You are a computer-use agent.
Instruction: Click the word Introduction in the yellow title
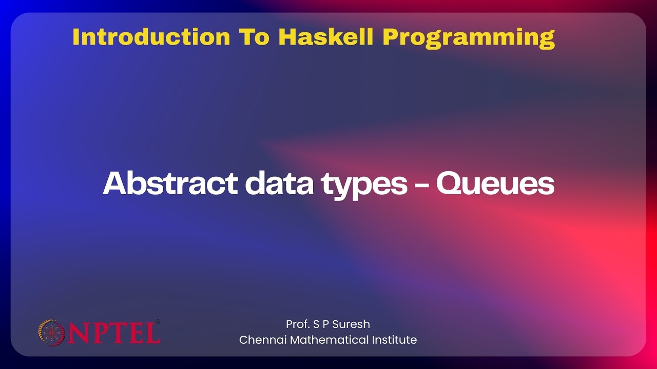(151, 37)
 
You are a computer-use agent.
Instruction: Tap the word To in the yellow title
(254, 37)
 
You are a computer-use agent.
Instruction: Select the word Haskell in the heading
(326, 37)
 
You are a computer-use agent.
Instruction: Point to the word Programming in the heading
(469, 38)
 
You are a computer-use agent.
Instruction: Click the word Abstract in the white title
(170, 183)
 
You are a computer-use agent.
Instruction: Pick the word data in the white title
(279, 183)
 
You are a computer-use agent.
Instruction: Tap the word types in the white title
(364, 186)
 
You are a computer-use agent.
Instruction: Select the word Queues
(495, 183)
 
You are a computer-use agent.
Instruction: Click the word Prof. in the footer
(298, 324)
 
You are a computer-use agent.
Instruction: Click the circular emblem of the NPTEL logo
(52, 333)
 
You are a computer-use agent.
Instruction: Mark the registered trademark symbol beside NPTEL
(158, 321)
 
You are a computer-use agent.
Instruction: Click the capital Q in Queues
(450, 183)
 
